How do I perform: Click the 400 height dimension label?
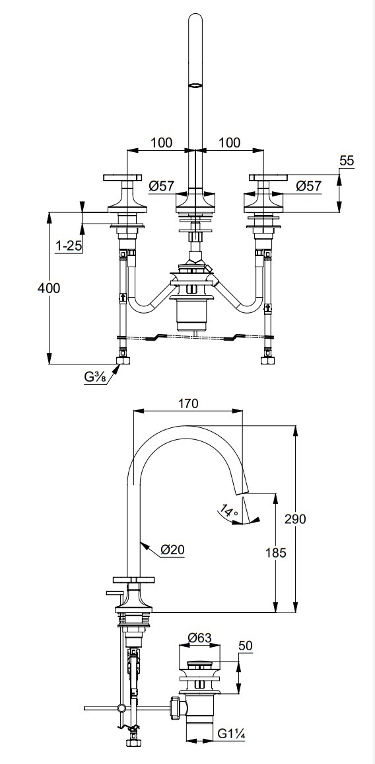pos(49,288)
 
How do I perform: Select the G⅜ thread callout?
pos(95,376)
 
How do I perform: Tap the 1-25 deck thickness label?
pos(69,246)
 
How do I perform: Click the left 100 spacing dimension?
pos(161,143)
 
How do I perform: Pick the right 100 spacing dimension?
pos(229,143)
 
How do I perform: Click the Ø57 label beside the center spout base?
pos(162,186)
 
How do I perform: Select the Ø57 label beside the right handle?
pos(309,186)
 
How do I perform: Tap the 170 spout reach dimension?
pos(188,403)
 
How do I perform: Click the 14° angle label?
pos(228,512)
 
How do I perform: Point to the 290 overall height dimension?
pos(295,519)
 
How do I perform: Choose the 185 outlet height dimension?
pos(276,553)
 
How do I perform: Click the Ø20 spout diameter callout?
pos(172,550)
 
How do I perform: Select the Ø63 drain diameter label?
pos(199,637)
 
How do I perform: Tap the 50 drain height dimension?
pos(246,646)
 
